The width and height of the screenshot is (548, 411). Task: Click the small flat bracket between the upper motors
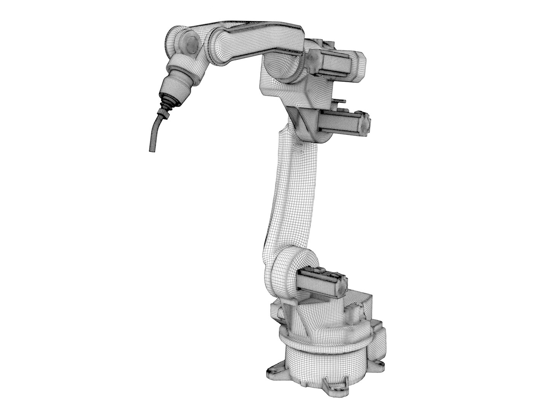(x=340, y=102)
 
